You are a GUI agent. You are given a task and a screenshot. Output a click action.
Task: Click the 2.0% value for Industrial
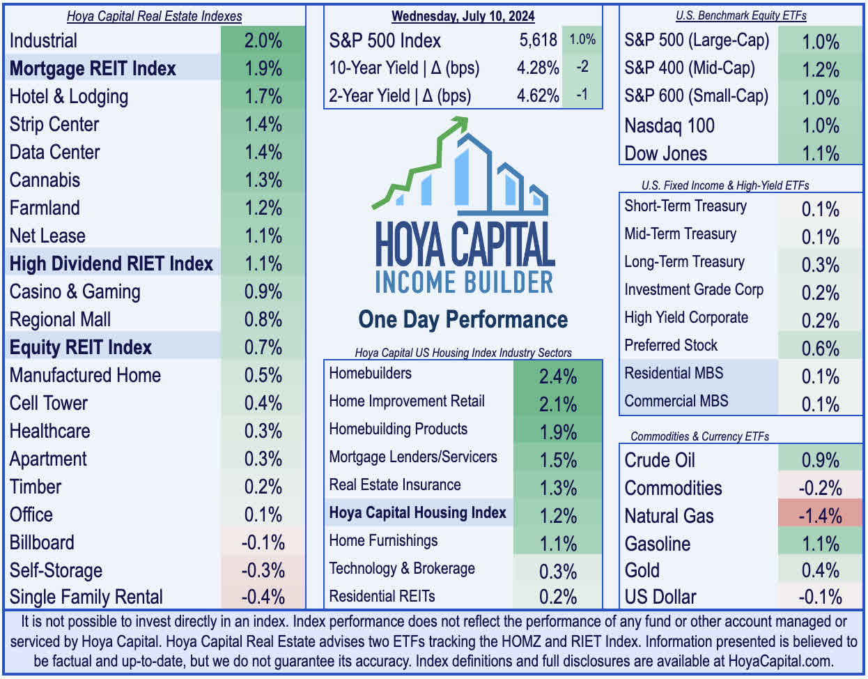[263, 40]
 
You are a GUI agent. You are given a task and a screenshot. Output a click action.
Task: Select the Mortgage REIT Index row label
[93, 68]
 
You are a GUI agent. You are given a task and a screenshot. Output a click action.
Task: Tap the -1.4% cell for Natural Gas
[820, 516]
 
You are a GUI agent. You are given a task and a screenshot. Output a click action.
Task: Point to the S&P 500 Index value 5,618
[538, 40]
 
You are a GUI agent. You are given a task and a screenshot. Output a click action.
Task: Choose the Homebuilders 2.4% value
[558, 376]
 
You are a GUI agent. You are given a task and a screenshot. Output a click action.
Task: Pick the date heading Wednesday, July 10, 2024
[463, 16]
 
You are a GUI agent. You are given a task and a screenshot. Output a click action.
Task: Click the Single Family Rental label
[86, 597]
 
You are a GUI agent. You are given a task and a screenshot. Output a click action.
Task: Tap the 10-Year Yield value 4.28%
[538, 68]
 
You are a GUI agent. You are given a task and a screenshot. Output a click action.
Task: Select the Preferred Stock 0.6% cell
[820, 349]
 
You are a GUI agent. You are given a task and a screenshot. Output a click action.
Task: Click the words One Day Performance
[463, 319]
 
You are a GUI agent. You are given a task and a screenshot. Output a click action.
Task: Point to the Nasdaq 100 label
[669, 125]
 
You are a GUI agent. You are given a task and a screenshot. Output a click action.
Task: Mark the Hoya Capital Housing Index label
[417, 513]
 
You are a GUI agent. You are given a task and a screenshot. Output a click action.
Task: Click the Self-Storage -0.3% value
[263, 570]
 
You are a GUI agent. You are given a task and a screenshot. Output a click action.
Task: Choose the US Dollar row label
[660, 597]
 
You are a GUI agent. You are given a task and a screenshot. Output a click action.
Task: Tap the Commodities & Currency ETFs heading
[699, 436]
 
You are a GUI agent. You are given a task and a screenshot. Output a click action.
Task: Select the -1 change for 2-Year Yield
[582, 96]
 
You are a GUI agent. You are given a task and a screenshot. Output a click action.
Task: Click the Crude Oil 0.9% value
[820, 460]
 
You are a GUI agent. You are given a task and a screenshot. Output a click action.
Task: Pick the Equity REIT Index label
[81, 347]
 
